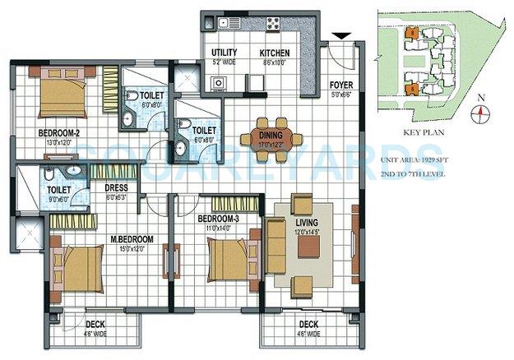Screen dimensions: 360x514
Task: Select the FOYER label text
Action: point(340,85)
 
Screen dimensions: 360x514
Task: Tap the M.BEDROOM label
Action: point(132,240)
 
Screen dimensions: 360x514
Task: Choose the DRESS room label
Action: point(116,187)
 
